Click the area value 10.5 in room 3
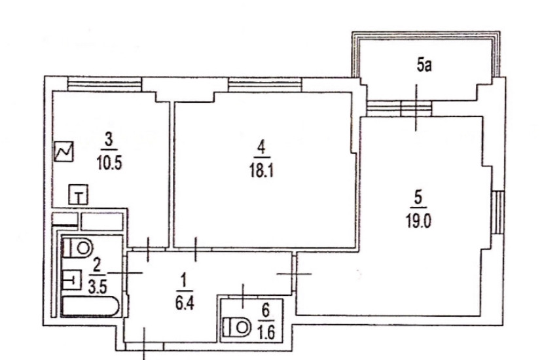tap(109, 163)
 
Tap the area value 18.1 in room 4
tap(262, 170)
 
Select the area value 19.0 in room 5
tap(418, 221)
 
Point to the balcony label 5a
tap(424, 65)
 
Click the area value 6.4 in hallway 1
tap(185, 304)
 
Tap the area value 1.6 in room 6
tap(266, 333)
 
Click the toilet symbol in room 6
tap(237, 327)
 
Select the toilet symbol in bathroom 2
tap(78, 248)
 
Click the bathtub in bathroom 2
tap(90, 306)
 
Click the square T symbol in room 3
tap(79, 194)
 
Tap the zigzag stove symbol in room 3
tap(64, 152)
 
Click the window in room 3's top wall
tap(104, 84)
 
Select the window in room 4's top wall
tap(265, 84)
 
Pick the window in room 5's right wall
tap(498, 212)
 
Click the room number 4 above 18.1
tap(262, 148)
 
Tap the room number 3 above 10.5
tap(109, 141)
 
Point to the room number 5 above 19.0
tap(418, 199)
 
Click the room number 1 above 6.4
tap(184, 281)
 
